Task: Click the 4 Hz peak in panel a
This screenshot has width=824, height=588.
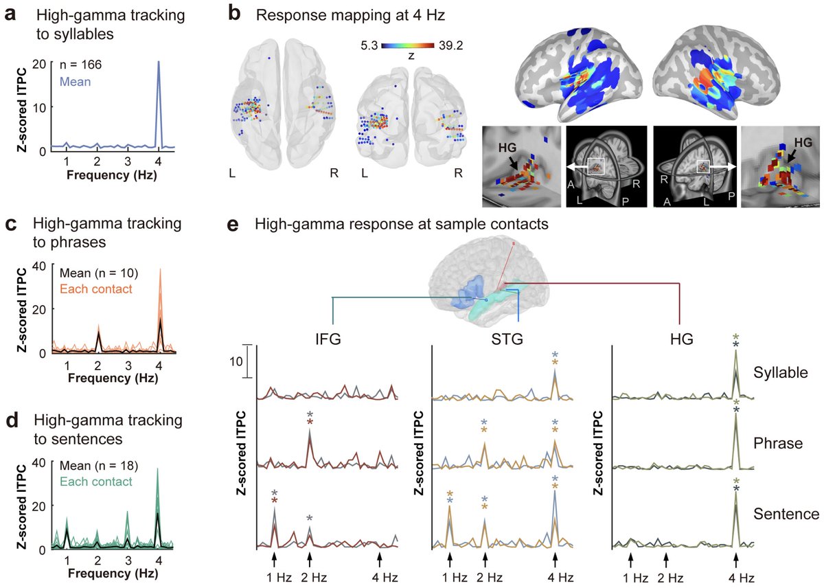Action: click(x=159, y=64)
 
